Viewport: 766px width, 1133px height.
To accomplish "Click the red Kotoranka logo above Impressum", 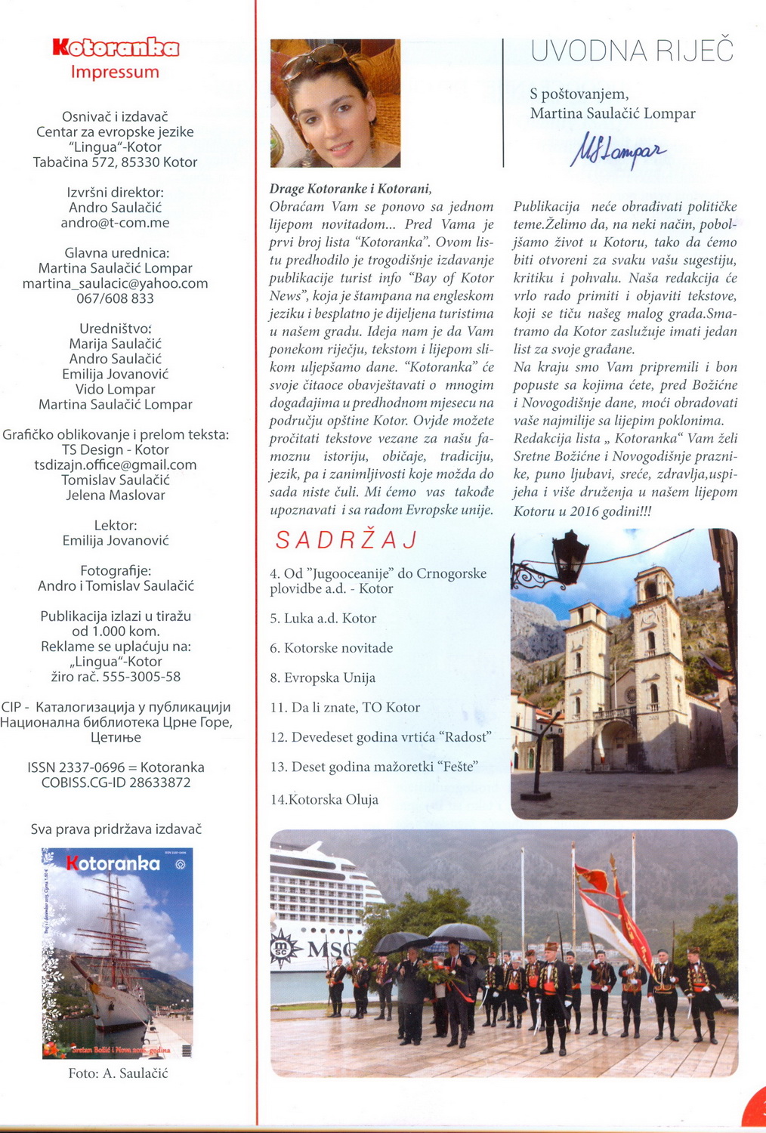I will pyautogui.click(x=116, y=48).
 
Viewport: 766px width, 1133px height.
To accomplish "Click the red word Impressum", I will pyautogui.click(x=115, y=73).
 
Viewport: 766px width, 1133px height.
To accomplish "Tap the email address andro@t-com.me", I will pyautogui.click(x=115, y=223).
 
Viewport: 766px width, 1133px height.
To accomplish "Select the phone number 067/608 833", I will pyautogui.click(x=115, y=298).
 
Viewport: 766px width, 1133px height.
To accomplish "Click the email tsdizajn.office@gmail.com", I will pyautogui.click(x=115, y=465).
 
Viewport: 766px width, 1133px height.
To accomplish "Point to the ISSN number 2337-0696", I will pyautogui.click(x=91, y=767).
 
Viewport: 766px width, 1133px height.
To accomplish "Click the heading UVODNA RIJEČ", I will pyautogui.click(x=632, y=51).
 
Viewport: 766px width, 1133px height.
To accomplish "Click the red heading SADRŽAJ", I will pyautogui.click(x=347, y=540).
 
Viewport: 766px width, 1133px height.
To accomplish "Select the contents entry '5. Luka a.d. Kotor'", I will pyautogui.click(x=323, y=619).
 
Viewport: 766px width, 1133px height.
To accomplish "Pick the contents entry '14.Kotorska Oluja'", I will pyautogui.click(x=324, y=800).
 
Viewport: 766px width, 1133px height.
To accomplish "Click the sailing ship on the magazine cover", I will pyautogui.click(x=110, y=959).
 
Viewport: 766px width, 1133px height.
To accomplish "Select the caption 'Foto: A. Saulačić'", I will pyautogui.click(x=118, y=1073).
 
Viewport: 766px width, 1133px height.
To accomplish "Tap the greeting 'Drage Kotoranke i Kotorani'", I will pyautogui.click(x=350, y=189).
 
